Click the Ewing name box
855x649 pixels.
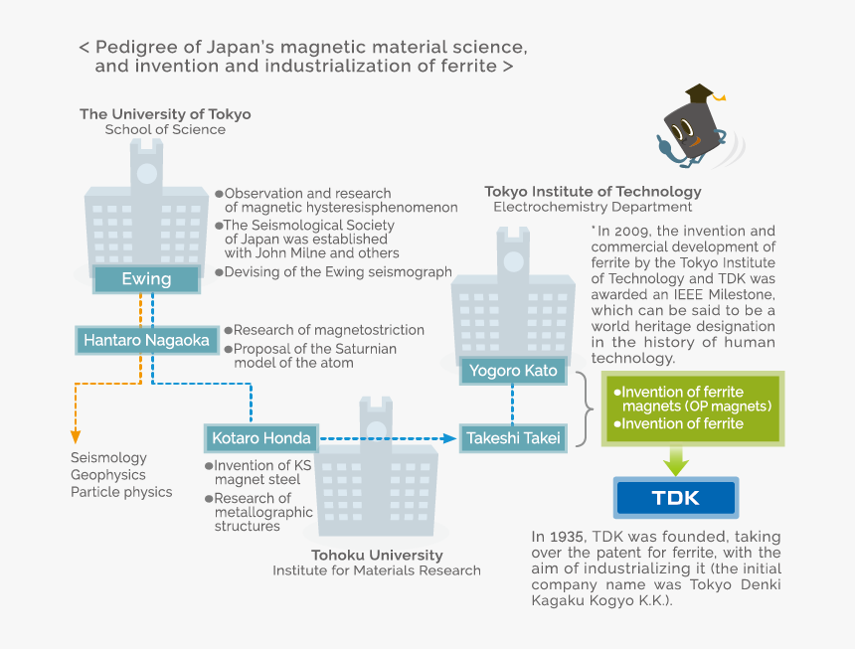[146, 280]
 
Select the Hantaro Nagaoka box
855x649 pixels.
[146, 341]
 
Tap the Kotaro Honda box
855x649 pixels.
[261, 437]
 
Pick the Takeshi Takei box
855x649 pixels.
[513, 437]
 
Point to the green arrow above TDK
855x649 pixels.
[676, 459]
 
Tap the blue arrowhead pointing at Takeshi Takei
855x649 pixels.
[448, 437]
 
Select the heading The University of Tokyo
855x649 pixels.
[165, 114]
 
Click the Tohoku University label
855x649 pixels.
[377, 556]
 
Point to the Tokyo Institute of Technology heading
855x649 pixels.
[593, 192]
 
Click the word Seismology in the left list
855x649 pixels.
[108, 458]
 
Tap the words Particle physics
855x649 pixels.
[121, 492]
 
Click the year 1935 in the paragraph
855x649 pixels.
[572, 537]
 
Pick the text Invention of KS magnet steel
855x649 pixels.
[256, 473]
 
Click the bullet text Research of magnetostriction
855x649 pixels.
[328, 330]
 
